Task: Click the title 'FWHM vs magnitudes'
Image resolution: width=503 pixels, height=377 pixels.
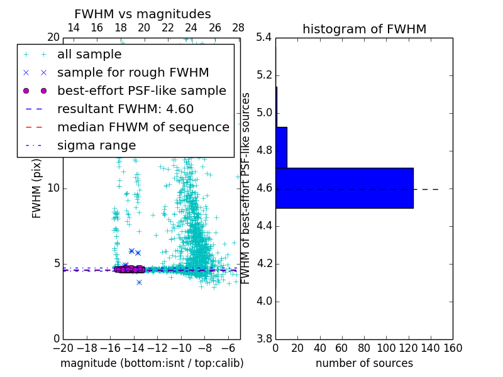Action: pyautogui.click(x=143, y=14)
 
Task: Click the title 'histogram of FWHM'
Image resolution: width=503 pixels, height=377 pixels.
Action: pyautogui.click(x=364, y=29)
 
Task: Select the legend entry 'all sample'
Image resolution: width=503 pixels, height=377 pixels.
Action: pyautogui.click(x=89, y=55)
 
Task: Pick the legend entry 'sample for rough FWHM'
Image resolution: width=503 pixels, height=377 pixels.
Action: pyautogui.click(x=133, y=73)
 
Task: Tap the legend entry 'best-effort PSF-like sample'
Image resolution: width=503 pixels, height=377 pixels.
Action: pyautogui.click(x=141, y=91)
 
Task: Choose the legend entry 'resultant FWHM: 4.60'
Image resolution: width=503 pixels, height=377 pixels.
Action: pyautogui.click(x=125, y=109)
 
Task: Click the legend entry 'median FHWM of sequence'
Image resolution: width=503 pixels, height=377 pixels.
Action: pyautogui.click(x=143, y=128)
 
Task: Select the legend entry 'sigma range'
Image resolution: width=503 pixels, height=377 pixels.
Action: pyautogui.click(x=96, y=146)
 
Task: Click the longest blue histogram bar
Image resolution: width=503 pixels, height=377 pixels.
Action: pyautogui.click(x=344, y=188)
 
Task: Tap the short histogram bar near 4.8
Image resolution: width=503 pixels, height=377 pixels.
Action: pyautogui.click(x=281, y=148)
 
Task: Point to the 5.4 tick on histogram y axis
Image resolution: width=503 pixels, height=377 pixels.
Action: pyautogui.click(x=264, y=38)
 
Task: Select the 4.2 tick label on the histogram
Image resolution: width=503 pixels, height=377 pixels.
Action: pyautogui.click(x=264, y=263)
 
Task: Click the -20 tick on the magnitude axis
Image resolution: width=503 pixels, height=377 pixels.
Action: pyautogui.click(x=63, y=347)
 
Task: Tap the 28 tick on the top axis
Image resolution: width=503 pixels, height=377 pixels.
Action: pyautogui.click(x=238, y=28)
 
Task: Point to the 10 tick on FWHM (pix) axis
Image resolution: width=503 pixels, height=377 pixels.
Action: pyautogui.click(x=53, y=188)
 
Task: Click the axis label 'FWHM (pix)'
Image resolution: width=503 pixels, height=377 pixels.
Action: pyautogui.click(x=37, y=188)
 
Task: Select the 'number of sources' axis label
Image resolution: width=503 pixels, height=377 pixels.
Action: pyautogui.click(x=364, y=363)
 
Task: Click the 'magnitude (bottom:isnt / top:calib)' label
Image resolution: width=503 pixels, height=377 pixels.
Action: pyautogui.click(x=152, y=363)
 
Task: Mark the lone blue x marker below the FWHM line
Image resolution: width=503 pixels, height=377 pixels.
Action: pyautogui.click(x=139, y=282)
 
